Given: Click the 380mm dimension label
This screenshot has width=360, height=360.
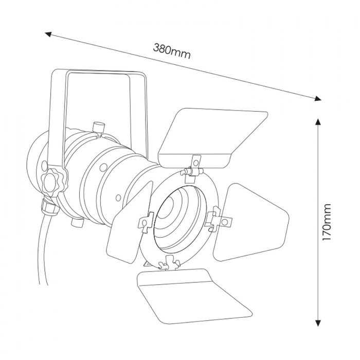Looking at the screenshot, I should [x=172, y=50].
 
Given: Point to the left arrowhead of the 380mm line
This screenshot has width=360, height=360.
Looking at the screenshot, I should [x=48, y=34].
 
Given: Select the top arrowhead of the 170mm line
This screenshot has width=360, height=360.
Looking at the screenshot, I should [x=318, y=122].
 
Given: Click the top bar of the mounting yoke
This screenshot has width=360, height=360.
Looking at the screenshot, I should [x=98, y=74].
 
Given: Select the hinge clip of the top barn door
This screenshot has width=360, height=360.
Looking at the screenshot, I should [x=193, y=167].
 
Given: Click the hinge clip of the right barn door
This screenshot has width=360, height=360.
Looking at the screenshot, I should [x=217, y=219].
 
